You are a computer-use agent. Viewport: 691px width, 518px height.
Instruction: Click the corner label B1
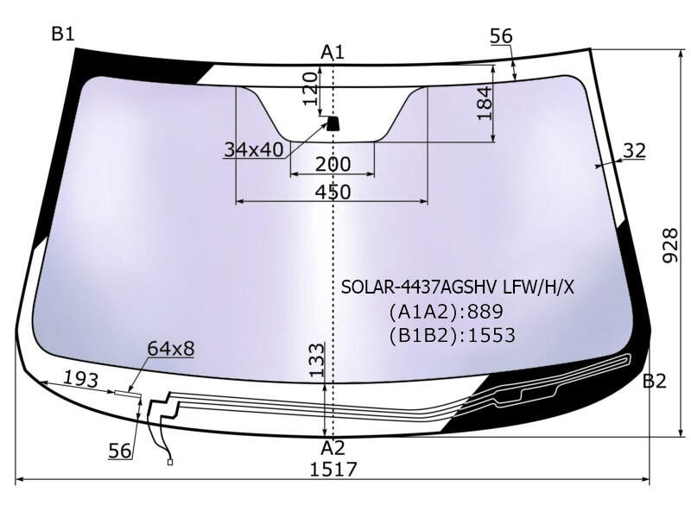pos(63,34)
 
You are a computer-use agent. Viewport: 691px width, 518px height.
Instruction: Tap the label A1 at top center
pos(332,53)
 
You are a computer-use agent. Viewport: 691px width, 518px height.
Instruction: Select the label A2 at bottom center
pos(333,448)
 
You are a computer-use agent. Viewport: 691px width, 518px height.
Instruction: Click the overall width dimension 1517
pos(333,469)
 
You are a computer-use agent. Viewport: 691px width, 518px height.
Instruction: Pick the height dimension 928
pos(670,245)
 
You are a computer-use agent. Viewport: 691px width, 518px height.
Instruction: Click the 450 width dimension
pos(333,192)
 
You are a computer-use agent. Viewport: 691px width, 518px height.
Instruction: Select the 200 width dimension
pos(333,164)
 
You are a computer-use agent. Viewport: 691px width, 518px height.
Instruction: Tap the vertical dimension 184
pos(485,103)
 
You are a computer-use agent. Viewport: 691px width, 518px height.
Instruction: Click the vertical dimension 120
pos(311,89)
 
